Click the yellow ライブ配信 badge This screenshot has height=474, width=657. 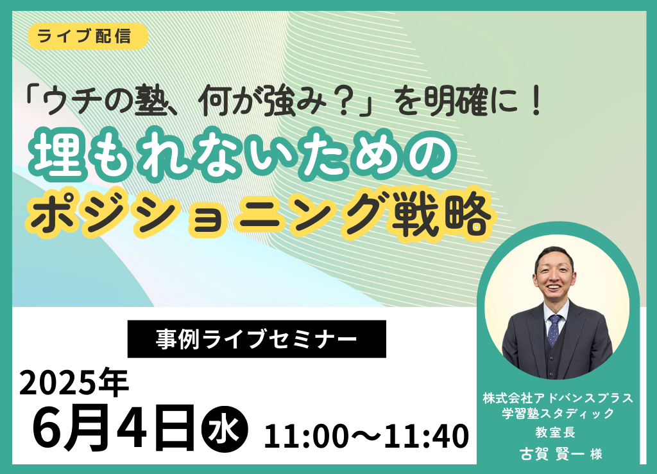[x=88, y=36]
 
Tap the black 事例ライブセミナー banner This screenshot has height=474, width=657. [x=257, y=339]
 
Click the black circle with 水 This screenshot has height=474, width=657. [x=225, y=429]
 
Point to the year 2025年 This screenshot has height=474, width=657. [x=74, y=383]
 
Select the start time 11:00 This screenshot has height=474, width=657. [x=307, y=436]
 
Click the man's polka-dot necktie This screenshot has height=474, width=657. [x=554, y=329]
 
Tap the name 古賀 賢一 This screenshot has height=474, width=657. [x=552, y=454]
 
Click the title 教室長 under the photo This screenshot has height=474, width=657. [x=556, y=432]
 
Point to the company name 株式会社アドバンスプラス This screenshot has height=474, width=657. [x=558, y=398]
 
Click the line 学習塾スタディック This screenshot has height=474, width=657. [x=558, y=413]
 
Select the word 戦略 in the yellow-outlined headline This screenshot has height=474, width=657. [x=441, y=216]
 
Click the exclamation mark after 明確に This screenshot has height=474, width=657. [x=536, y=102]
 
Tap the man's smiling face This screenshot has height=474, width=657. [x=554, y=274]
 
